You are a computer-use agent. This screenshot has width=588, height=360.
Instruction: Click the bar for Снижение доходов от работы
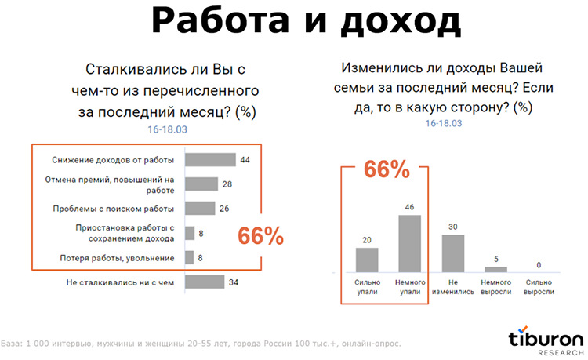click(x=210, y=160)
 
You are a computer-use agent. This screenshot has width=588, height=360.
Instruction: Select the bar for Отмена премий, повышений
click(x=201, y=184)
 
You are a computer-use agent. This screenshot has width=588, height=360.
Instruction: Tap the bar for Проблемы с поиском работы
click(x=199, y=209)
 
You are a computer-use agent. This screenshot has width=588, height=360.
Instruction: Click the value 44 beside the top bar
click(x=245, y=160)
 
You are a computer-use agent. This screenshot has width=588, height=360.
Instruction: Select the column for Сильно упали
click(x=367, y=260)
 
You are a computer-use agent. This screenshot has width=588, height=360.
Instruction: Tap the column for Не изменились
click(x=454, y=253)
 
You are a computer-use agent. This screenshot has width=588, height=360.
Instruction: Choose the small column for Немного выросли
click(x=496, y=269)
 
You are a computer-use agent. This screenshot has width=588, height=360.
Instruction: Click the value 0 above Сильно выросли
click(x=539, y=264)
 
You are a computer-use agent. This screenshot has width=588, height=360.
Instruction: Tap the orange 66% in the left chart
click(x=261, y=236)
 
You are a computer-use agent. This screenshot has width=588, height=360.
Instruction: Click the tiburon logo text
click(x=545, y=338)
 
